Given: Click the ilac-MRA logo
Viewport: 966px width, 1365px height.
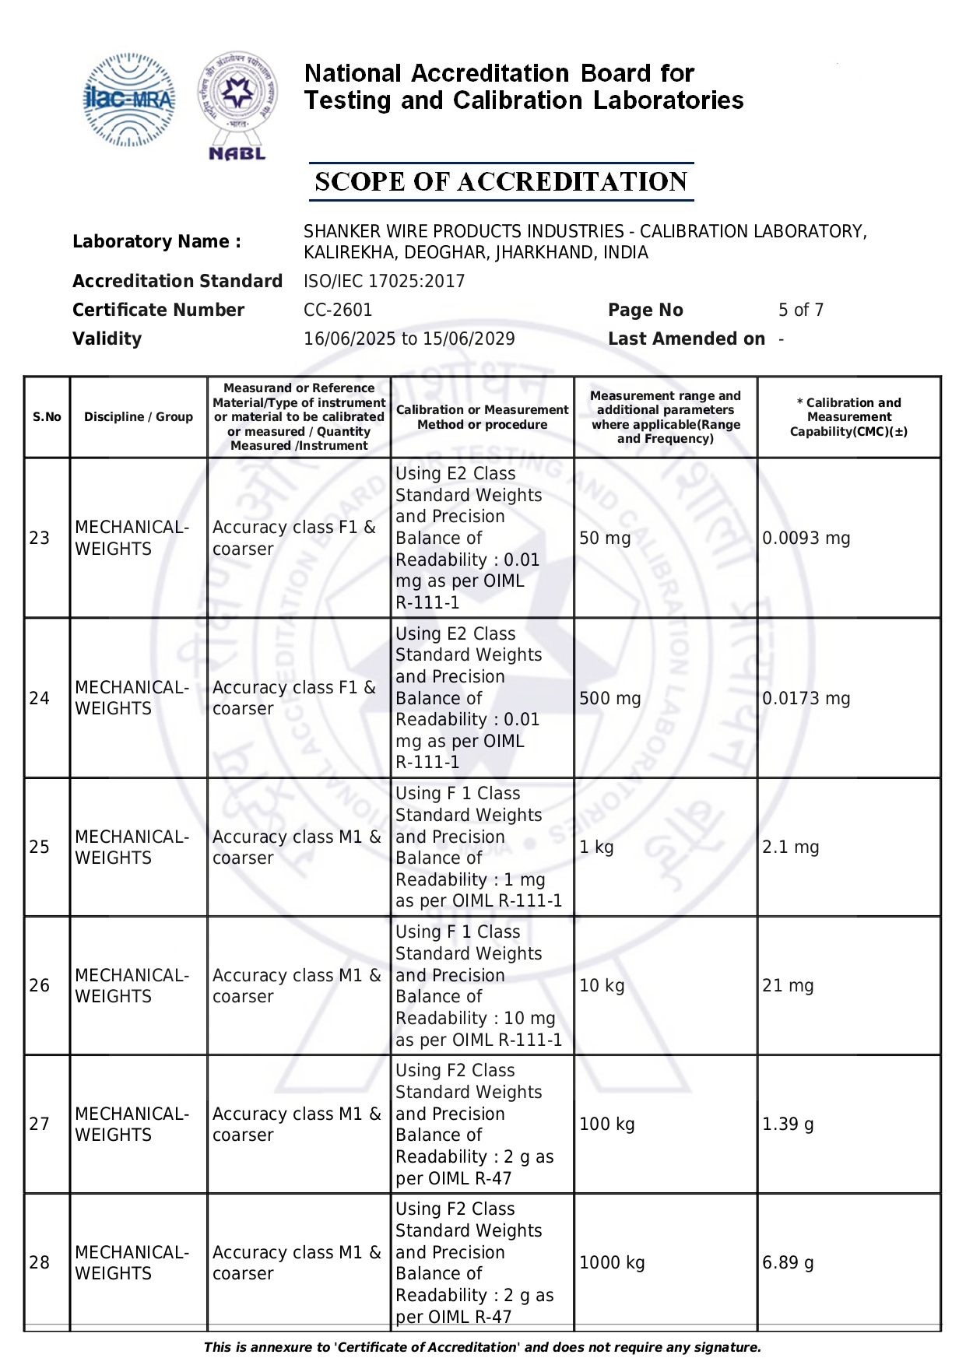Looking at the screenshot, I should pyautogui.click(x=128, y=100).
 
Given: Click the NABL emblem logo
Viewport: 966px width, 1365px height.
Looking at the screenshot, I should pyautogui.click(x=237, y=105).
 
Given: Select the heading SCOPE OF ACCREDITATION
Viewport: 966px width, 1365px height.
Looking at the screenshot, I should pyautogui.click(x=501, y=182).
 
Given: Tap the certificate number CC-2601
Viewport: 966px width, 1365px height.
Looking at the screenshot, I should pyautogui.click(x=338, y=310).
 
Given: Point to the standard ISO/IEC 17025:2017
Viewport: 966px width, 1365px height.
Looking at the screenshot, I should pyautogui.click(x=384, y=281).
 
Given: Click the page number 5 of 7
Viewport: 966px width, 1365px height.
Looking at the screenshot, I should pyautogui.click(x=800, y=310).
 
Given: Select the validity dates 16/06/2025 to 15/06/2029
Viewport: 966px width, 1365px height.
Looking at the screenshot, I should pyautogui.click(x=409, y=339).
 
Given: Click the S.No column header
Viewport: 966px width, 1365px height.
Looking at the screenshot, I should pyautogui.click(x=47, y=417).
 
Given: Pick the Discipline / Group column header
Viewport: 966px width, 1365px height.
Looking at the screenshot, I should pyautogui.click(x=139, y=417).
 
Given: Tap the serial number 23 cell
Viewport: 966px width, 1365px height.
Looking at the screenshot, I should pyautogui.click(x=40, y=538).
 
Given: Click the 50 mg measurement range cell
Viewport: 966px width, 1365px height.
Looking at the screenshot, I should pyautogui.click(x=605, y=538).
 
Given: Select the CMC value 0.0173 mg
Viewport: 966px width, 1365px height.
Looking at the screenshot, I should pyautogui.click(x=806, y=698).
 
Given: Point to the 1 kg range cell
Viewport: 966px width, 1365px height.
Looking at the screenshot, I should pyautogui.click(x=596, y=847).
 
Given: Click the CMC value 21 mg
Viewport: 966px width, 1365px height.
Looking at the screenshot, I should pyautogui.click(x=788, y=985).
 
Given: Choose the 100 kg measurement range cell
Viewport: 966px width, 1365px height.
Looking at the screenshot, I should pyautogui.click(x=606, y=1124).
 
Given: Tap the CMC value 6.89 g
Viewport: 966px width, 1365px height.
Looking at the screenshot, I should pyautogui.click(x=788, y=1262).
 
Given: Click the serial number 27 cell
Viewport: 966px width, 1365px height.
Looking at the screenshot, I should pyautogui.click(x=40, y=1124).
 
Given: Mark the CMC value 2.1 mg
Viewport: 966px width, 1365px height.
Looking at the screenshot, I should pyautogui.click(x=790, y=847).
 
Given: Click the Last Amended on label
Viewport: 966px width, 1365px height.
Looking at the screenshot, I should pyautogui.click(x=686, y=339).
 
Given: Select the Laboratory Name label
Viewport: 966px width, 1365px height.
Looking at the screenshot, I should pyautogui.click(x=156, y=241).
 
